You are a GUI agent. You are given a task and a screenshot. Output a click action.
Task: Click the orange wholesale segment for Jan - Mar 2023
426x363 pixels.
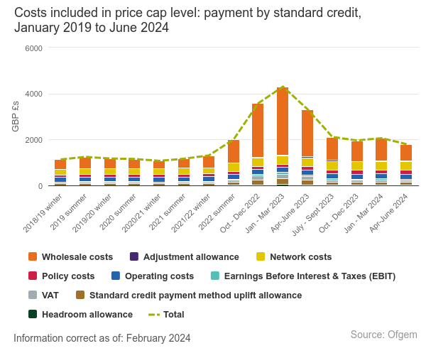(283, 121)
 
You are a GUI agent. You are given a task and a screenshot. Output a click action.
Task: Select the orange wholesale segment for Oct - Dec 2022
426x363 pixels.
(258, 131)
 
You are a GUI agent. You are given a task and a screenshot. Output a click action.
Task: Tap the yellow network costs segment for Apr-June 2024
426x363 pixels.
(406, 166)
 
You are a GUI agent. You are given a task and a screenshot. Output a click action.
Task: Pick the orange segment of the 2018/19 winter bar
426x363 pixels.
(60, 164)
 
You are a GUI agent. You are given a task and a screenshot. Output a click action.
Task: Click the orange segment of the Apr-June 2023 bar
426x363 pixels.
(307, 134)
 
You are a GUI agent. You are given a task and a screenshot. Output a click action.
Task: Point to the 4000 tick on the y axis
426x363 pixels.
(33, 94)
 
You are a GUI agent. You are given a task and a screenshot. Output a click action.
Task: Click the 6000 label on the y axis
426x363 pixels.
(33, 48)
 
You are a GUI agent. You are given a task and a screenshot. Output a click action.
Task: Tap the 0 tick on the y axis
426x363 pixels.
(40, 186)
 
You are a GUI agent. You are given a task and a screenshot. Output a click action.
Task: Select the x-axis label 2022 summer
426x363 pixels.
(217, 212)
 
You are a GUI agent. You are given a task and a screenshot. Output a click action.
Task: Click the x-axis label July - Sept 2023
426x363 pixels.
(312, 215)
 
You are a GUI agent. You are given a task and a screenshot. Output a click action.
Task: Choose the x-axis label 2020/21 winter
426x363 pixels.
(141, 213)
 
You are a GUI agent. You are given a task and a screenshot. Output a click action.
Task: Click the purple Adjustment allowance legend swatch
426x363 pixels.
(134, 256)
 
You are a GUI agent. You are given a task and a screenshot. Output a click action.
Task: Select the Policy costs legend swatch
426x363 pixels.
(33, 276)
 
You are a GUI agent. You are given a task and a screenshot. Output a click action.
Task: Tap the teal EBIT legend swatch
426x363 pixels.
(215, 276)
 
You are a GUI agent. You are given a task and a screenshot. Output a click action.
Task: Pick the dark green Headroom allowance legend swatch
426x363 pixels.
(33, 314)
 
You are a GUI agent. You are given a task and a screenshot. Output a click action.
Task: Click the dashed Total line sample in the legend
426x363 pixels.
(154, 315)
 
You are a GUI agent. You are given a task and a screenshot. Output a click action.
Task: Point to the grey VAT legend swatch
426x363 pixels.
(33, 295)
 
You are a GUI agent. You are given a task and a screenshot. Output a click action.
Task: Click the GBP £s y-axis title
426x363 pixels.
(16, 117)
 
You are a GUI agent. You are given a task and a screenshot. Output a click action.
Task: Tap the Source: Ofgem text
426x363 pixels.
(383, 335)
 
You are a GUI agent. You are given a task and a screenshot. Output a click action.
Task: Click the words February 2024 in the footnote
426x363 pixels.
(158, 338)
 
